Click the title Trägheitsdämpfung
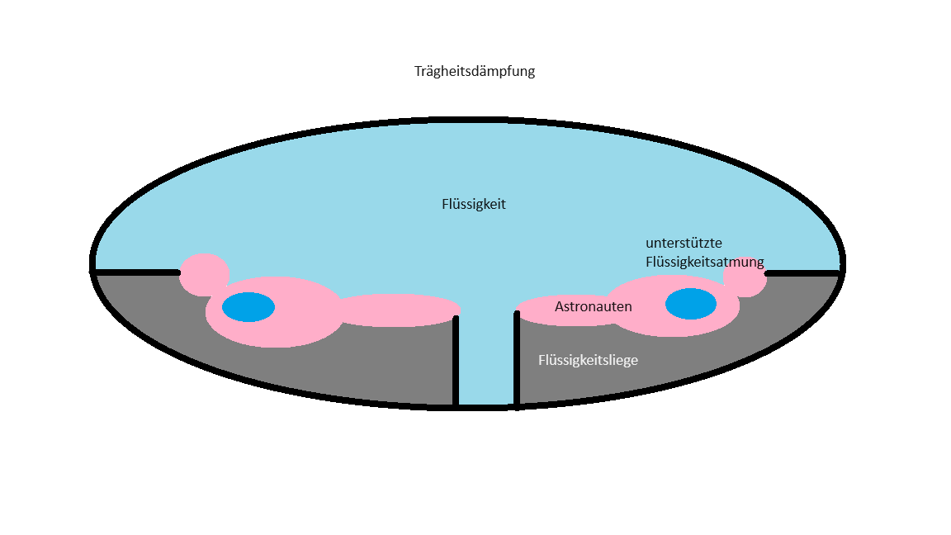coord(475,71)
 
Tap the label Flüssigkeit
coord(474,204)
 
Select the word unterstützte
coord(684,244)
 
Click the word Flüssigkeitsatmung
coord(704,262)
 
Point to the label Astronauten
coord(593,306)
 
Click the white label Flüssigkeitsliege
coord(588,360)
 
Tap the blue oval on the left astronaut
coord(248,307)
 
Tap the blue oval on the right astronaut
coord(690,304)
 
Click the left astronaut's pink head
coord(204,273)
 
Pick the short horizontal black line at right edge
coord(802,271)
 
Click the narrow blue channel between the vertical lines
coord(485,363)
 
